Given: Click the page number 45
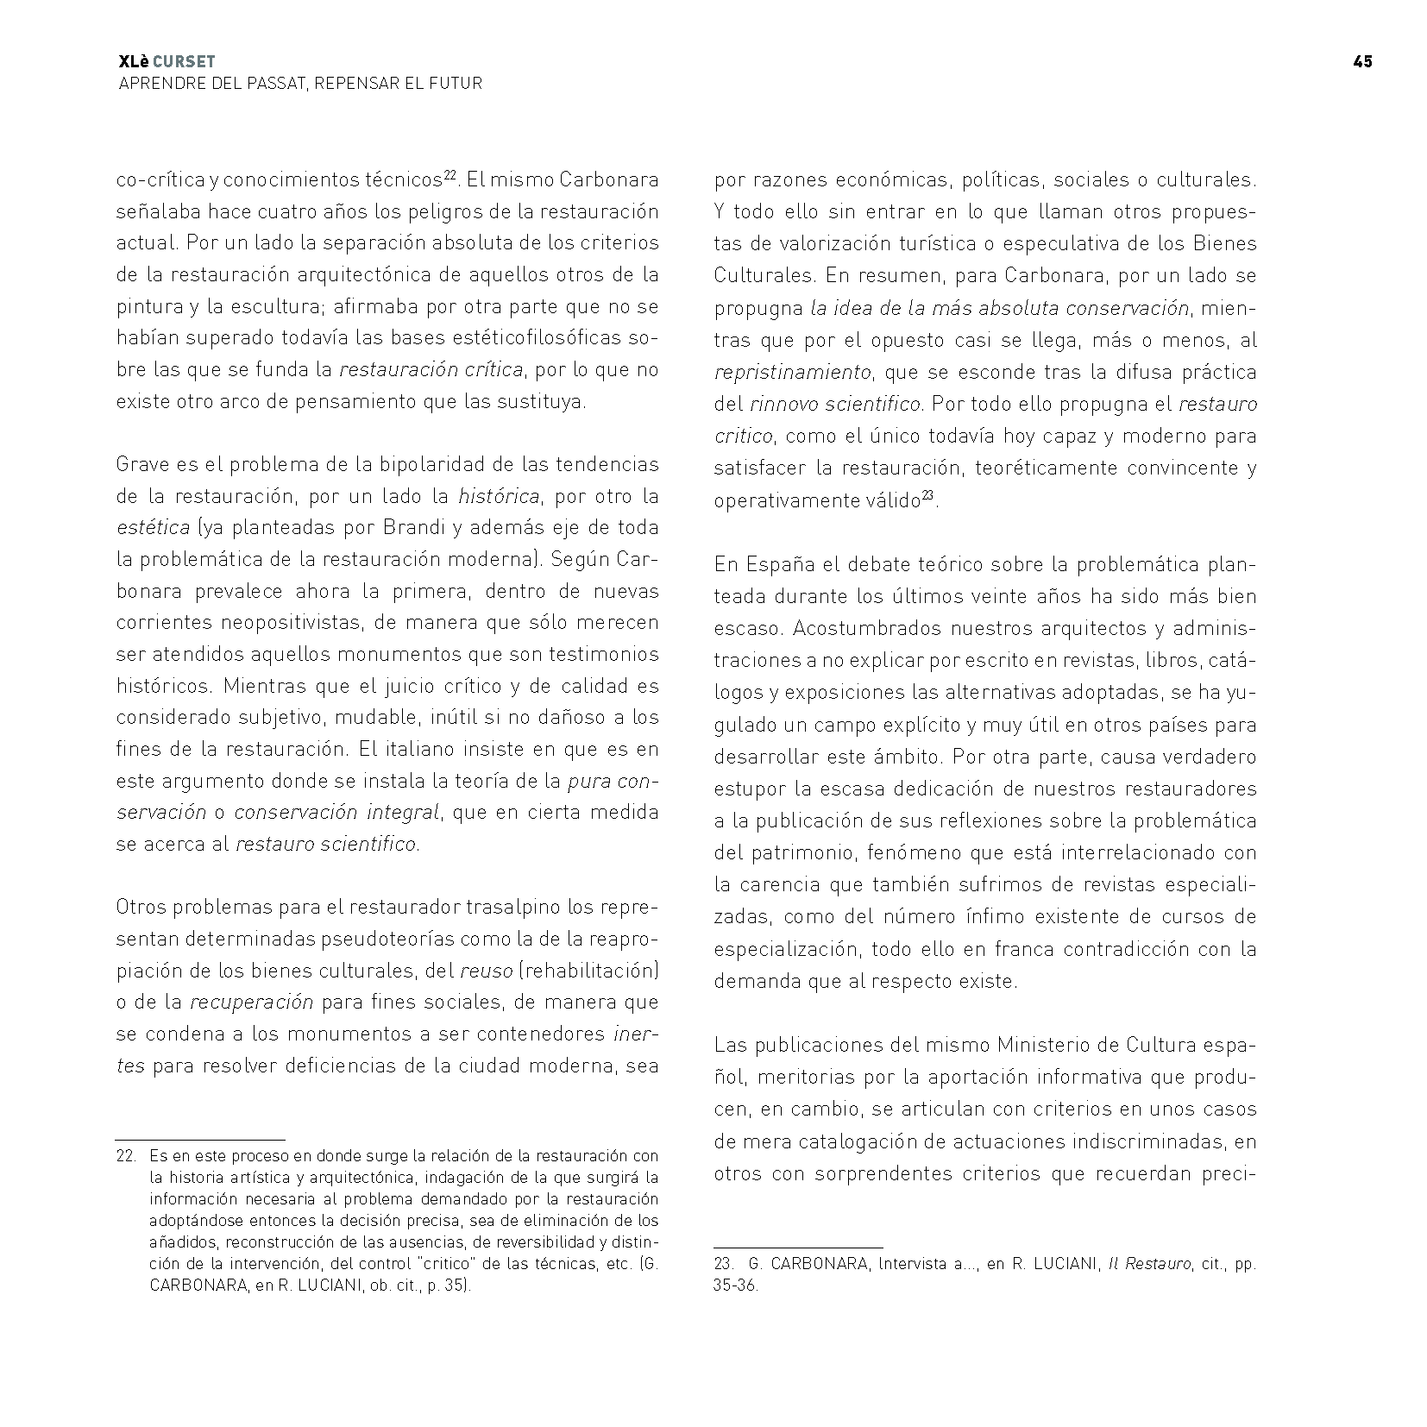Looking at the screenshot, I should point(1362,61).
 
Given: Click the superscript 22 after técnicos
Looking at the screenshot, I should point(450,175).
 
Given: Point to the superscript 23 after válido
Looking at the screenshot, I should point(928,494).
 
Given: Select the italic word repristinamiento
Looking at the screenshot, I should point(792,373).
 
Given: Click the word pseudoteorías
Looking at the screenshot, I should point(396,939).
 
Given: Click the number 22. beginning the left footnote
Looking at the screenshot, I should point(126,1156).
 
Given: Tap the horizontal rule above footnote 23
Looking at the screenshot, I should point(798,1248).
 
